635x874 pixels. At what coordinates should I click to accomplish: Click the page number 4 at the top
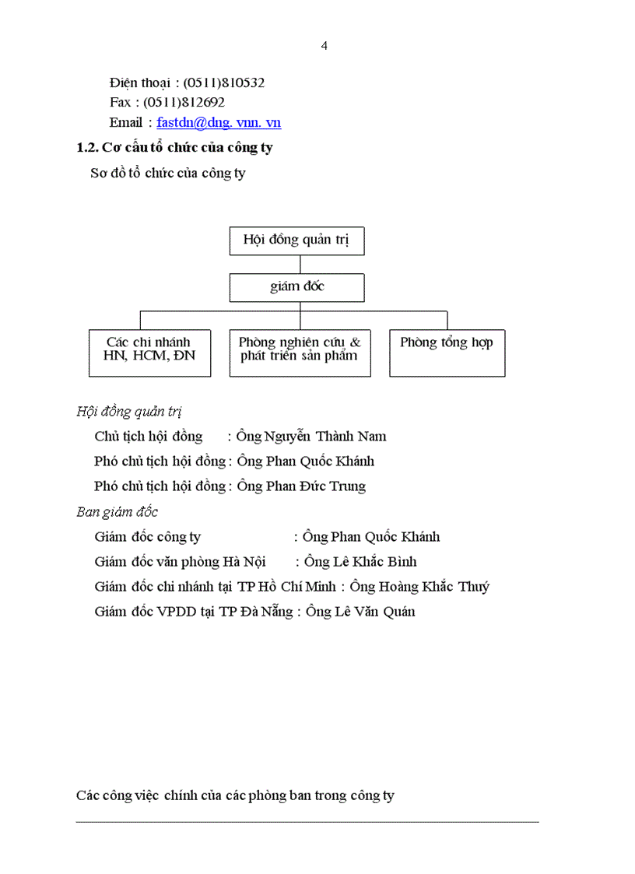coord(324,46)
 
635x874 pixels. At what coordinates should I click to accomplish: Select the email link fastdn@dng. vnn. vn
coord(219,122)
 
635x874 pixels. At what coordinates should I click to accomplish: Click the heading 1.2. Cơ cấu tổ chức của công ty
coord(174,147)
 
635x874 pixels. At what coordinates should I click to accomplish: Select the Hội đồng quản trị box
coord(296,240)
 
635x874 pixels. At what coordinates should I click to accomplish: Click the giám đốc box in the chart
coord(296,287)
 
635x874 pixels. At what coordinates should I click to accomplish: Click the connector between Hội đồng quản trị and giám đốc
coord(300,264)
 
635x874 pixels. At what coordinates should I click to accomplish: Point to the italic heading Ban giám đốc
coord(117,512)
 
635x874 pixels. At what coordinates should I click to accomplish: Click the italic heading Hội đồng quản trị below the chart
coord(129,412)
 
